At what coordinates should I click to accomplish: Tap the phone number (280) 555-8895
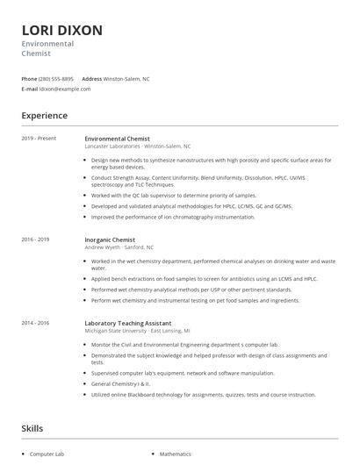(x=56, y=79)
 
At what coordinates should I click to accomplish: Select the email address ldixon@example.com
(x=66, y=89)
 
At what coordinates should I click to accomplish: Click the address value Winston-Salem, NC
(x=126, y=79)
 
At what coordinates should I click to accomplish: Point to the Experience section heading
(x=44, y=116)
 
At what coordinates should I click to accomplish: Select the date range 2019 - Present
(x=38, y=139)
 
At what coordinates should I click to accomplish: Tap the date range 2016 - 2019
(x=35, y=240)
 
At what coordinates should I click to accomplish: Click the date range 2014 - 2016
(x=35, y=323)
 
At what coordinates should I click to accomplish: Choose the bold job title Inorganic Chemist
(x=110, y=240)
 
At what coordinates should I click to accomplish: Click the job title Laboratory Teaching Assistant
(x=127, y=323)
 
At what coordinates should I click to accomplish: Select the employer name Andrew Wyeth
(x=102, y=247)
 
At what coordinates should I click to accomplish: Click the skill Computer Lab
(x=47, y=454)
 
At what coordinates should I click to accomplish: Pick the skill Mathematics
(x=176, y=454)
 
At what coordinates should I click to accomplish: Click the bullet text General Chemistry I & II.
(x=121, y=383)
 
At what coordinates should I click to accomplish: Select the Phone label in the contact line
(x=29, y=79)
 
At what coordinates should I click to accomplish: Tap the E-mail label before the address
(x=30, y=89)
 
